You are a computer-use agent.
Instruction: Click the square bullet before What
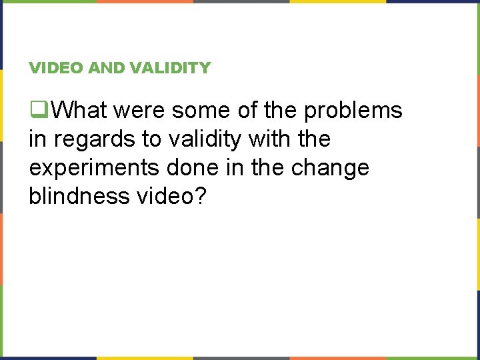point(39,110)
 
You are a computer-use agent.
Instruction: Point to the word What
point(81,110)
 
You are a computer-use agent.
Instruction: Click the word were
point(143,110)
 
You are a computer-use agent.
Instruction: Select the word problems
point(353,110)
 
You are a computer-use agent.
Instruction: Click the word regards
point(91,139)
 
